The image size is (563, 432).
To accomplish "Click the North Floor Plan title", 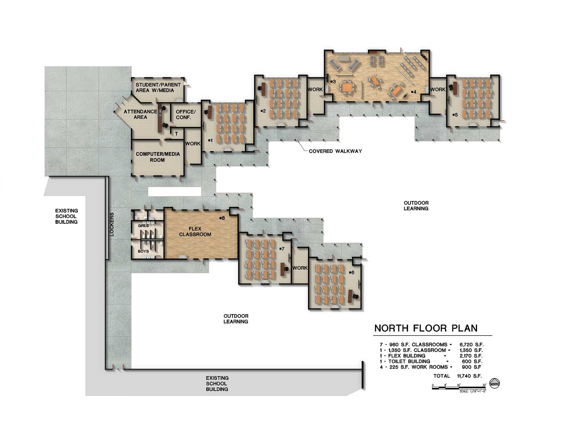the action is [x=426, y=328].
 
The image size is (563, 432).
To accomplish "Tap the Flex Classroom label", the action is [x=195, y=232].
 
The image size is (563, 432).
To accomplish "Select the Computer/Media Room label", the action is [x=158, y=157].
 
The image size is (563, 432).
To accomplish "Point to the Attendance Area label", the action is [x=140, y=114].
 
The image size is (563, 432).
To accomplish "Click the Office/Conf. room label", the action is [x=186, y=115].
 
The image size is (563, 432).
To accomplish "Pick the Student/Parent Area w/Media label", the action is [x=158, y=88].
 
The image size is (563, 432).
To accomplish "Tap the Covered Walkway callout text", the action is [x=335, y=151].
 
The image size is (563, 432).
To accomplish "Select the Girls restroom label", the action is [x=143, y=226].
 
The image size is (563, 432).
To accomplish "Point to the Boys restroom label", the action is [x=143, y=251].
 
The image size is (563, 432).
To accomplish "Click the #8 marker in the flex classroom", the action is [x=222, y=218].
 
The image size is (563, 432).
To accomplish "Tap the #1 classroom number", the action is [x=210, y=141].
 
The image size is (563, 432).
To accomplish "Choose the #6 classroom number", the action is [x=352, y=273].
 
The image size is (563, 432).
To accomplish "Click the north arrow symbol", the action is [x=495, y=383].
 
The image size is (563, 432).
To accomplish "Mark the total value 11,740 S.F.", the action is [x=469, y=376].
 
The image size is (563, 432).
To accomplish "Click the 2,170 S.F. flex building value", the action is [x=471, y=356].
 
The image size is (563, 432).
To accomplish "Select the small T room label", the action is [x=177, y=134].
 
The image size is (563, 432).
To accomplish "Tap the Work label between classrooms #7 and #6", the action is [x=300, y=268].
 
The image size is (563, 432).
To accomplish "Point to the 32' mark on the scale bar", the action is [x=484, y=385].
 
